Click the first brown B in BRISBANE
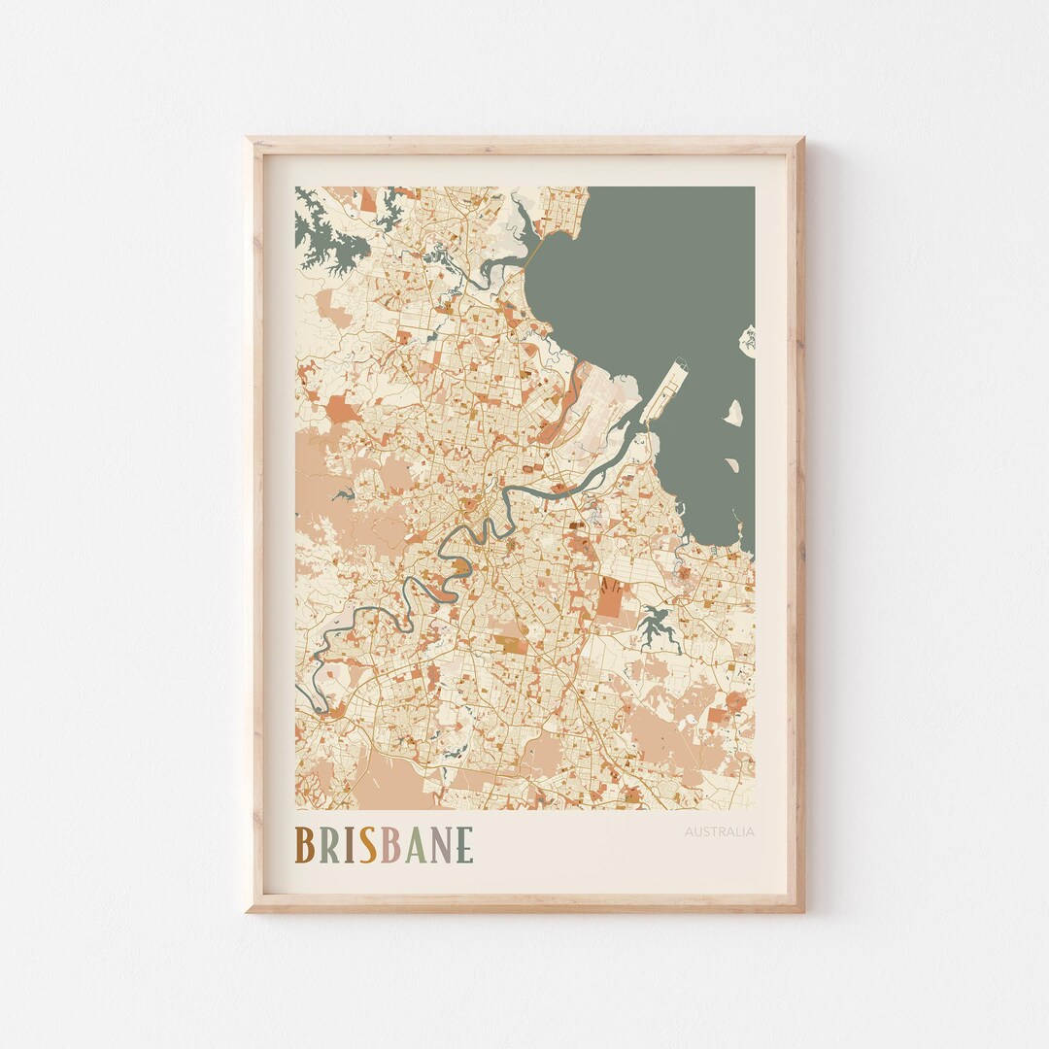(304, 845)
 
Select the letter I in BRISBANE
(348, 845)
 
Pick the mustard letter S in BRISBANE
(367, 845)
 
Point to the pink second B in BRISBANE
(389, 845)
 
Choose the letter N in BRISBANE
(440, 845)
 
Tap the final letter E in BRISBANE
(464, 845)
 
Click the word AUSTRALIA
(719, 831)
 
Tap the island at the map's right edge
(748, 339)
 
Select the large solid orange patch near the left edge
(341, 409)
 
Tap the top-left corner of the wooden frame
(249, 140)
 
